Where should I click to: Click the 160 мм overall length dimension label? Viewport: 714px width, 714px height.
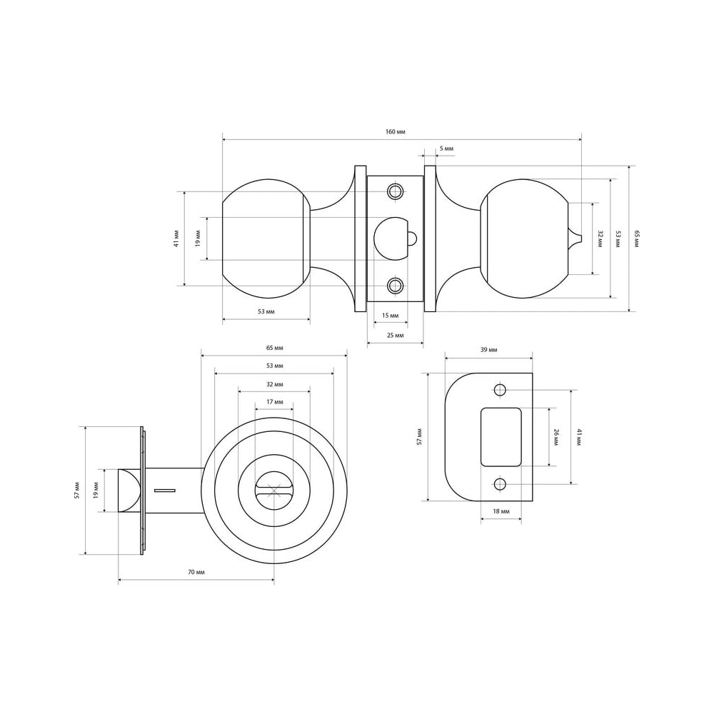[x=396, y=132]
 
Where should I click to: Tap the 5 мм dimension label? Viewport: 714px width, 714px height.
[x=447, y=149]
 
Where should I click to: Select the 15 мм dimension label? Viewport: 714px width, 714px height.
[x=391, y=316]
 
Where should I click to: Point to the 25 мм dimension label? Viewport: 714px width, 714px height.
[x=396, y=336]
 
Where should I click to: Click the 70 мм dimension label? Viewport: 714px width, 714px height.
[x=196, y=572]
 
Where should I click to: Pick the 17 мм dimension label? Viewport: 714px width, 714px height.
[x=275, y=402]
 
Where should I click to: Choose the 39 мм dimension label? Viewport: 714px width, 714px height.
[x=488, y=350]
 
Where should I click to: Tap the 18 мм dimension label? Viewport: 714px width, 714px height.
[x=501, y=511]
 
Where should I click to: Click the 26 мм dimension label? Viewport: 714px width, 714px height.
[x=555, y=437]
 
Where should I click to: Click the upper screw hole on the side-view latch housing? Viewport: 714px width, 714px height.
[x=396, y=191]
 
